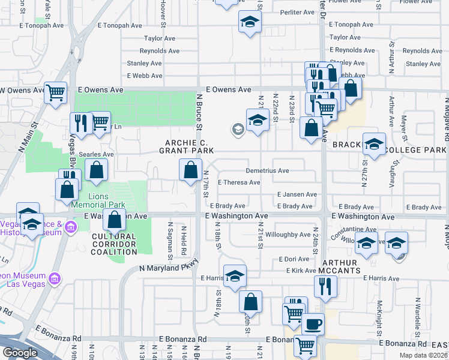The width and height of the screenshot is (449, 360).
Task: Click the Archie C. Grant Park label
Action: [187, 146]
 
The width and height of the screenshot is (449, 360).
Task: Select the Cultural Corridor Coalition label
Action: [114, 244]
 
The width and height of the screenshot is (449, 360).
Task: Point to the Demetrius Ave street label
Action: [267, 171]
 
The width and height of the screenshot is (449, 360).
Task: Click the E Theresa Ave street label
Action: [239, 182]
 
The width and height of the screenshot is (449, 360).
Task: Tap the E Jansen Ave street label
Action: [297, 194]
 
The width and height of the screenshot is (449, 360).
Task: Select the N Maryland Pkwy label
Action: [169, 268]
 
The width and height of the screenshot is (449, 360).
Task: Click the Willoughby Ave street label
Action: [288, 235]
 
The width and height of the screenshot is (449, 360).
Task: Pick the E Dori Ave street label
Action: [294, 259]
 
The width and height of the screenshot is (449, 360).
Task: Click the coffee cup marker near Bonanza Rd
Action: [313, 325]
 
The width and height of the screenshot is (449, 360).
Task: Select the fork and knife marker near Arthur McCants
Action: [325, 286]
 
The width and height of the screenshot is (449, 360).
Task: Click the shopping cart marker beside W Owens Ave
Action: [55, 93]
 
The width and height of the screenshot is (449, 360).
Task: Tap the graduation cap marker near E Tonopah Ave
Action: [249, 22]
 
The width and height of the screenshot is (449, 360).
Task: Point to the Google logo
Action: [20, 353]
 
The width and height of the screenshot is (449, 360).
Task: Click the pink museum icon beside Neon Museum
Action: [55, 278]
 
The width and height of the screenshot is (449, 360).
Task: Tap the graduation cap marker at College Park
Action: [373, 145]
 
